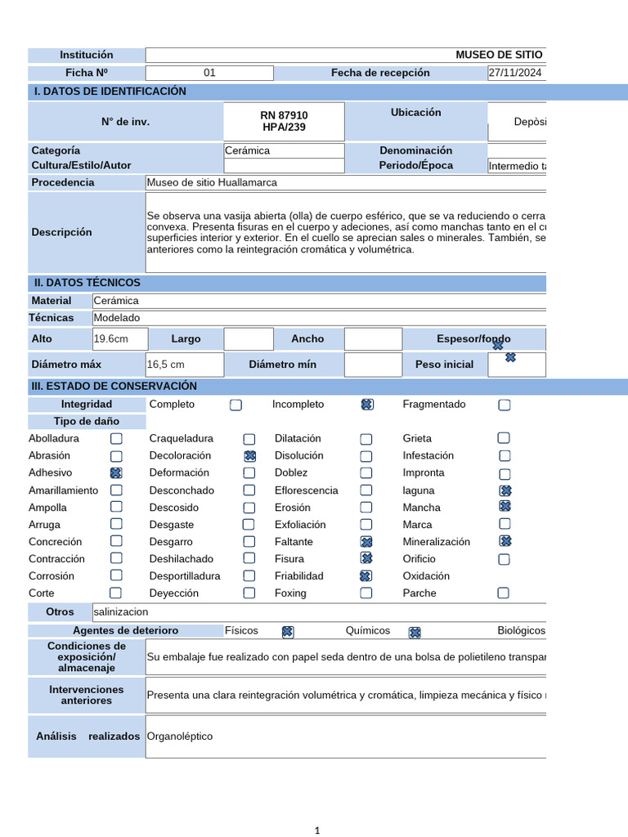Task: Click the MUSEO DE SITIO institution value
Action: [x=498, y=55]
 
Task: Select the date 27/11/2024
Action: [x=515, y=73]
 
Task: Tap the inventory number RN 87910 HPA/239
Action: [x=284, y=122]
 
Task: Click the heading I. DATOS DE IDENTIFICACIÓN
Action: [x=110, y=92]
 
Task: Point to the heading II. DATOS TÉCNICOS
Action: [x=87, y=283]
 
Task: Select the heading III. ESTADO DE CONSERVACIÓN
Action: [x=115, y=386]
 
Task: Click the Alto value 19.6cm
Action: [x=111, y=339]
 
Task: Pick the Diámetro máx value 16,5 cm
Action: [x=166, y=365]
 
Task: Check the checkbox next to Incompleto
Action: [x=367, y=405]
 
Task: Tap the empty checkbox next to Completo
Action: [x=235, y=405]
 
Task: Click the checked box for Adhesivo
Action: [x=116, y=473]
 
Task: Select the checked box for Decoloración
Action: [x=249, y=456]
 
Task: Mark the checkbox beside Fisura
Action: [x=366, y=558]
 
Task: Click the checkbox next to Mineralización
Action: [x=505, y=541]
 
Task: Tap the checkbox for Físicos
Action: [x=287, y=632]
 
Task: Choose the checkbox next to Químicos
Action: [x=414, y=632]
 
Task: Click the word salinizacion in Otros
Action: [x=121, y=611]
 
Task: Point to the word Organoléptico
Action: [x=180, y=736]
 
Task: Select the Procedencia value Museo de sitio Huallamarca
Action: [x=212, y=182]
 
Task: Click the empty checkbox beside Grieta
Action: [x=504, y=438]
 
